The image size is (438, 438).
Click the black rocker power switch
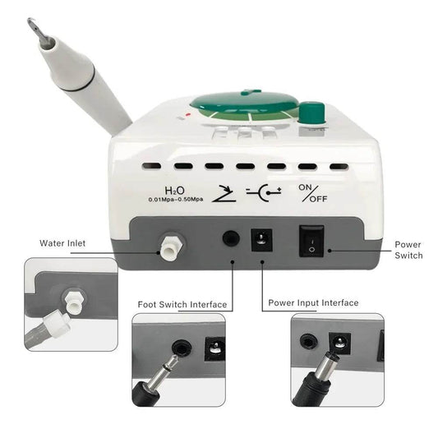click(x=311, y=241)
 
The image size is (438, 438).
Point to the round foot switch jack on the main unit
click(x=231, y=238)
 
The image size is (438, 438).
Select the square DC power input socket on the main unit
click(x=261, y=240)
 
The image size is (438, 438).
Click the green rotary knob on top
click(x=312, y=113)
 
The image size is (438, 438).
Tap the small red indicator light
click(x=188, y=114)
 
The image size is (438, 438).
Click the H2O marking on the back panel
click(x=174, y=191)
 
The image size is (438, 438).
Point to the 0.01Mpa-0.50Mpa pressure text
click(x=176, y=200)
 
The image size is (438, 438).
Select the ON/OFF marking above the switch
click(x=312, y=193)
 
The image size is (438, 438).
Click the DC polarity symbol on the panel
click(x=264, y=192)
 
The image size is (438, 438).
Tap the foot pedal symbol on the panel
click(x=224, y=193)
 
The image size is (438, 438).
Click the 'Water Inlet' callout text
click(x=62, y=243)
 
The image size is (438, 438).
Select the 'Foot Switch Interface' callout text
click(x=182, y=304)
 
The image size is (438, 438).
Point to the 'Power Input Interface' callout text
click(x=313, y=302)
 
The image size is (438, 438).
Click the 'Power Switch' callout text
click(x=408, y=250)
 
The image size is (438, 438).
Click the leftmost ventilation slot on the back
click(x=152, y=166)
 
